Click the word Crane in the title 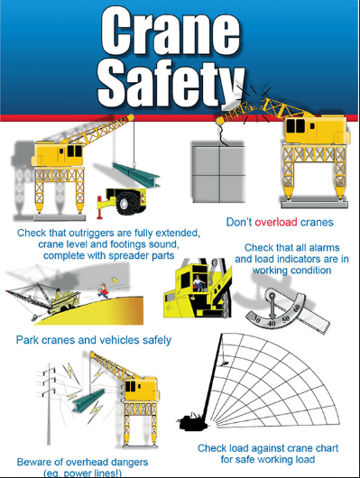[x=171, y=32]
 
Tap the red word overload [x=276, y=222]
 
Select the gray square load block [x=218, y=174]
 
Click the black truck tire [x=125, y=203]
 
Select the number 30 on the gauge [x=257, y=320]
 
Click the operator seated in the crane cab [x=199, y=282]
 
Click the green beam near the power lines [x=88, y=400]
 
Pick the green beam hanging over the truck [x=136, y=174]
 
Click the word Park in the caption [x=27, y=340]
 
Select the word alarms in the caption [x=324, y=247]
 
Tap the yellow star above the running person [x=115, y=279]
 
